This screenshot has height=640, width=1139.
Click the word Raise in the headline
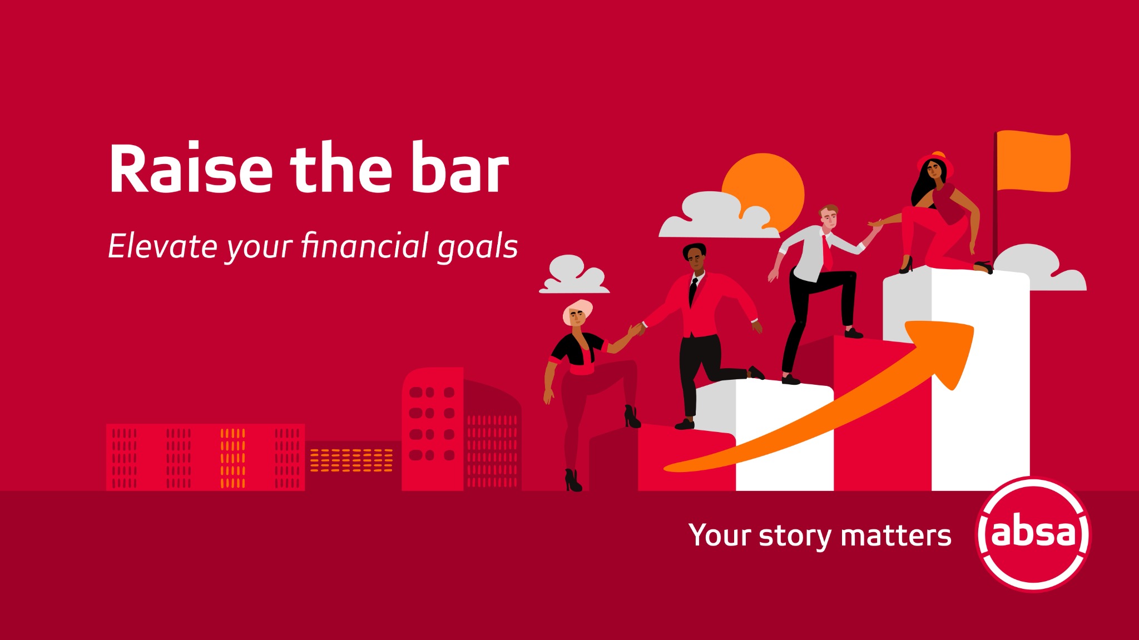tap(191, 168)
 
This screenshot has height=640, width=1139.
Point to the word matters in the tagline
tap(895, 536)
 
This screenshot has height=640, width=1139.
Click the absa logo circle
tap(1033, 534)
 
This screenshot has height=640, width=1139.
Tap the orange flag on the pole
tap(1033, 161)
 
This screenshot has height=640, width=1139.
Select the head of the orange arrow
tap(943, 350)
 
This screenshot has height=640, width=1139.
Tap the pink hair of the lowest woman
tap(578, 310)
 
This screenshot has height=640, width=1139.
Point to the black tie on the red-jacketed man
tap(693, 291)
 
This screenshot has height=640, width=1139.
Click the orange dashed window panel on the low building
tap(351, 460)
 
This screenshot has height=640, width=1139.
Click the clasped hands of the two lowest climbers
tap(636, 329)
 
